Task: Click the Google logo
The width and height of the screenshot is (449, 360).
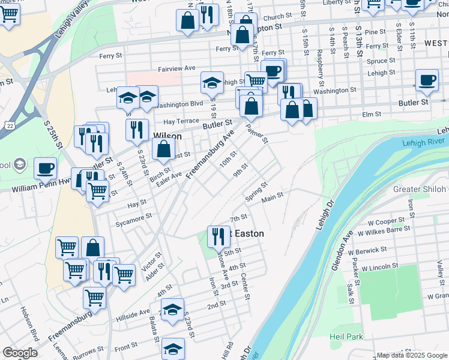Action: click(20, 353)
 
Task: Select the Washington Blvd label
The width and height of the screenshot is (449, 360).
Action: click(179, 103)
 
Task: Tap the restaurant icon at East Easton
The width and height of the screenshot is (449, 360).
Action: click(218, 235)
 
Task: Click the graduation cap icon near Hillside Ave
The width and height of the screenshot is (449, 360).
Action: click(172, 309)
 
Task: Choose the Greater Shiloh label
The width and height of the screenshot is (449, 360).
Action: click(420, 189)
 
